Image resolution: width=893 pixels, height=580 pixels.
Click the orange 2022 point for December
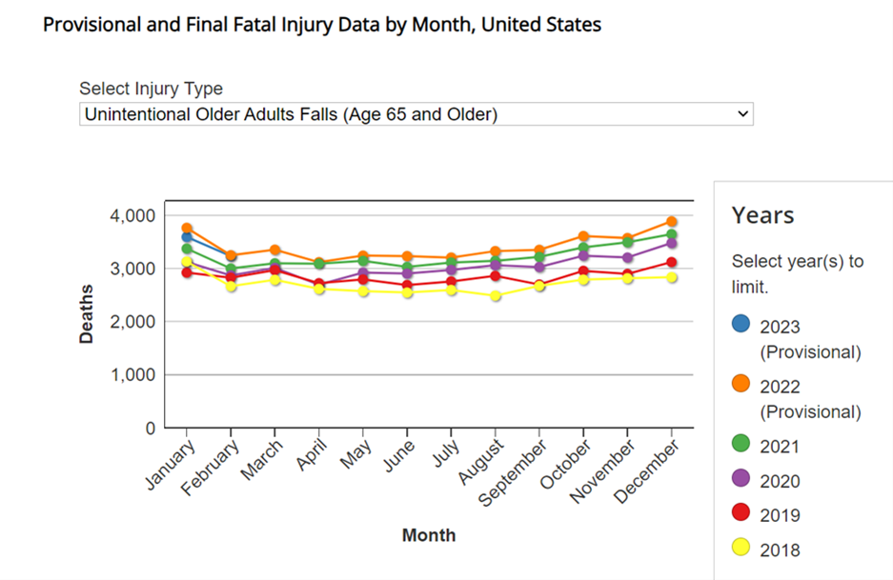(x=672, y=221)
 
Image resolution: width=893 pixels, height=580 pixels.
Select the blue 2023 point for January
(x=188, y=237)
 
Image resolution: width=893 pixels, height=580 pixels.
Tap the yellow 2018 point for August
(x=496, y=296)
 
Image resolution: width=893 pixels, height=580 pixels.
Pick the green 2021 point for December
(x=672, y=234)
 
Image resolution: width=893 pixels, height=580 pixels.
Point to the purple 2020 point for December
(x=672, y=244)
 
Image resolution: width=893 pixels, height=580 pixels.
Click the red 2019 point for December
(x=672, y=263)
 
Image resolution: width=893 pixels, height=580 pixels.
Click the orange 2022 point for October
(x=583, y=236)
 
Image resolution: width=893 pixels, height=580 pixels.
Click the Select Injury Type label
(x=151, y=89)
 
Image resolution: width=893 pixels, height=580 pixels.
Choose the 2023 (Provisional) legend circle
(x=741, y=324)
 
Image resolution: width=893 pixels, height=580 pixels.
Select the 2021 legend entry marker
(x=741, y=444)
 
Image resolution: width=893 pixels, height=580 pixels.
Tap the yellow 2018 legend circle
(x=741, y=548)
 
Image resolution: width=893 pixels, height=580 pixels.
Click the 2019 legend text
(x=780, y=515)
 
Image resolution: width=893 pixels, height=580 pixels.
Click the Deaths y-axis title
(x=87, y=313)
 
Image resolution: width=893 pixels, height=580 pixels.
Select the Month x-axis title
(x=429, y=535)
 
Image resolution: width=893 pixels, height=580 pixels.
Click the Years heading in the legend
(x=762, y=215)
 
